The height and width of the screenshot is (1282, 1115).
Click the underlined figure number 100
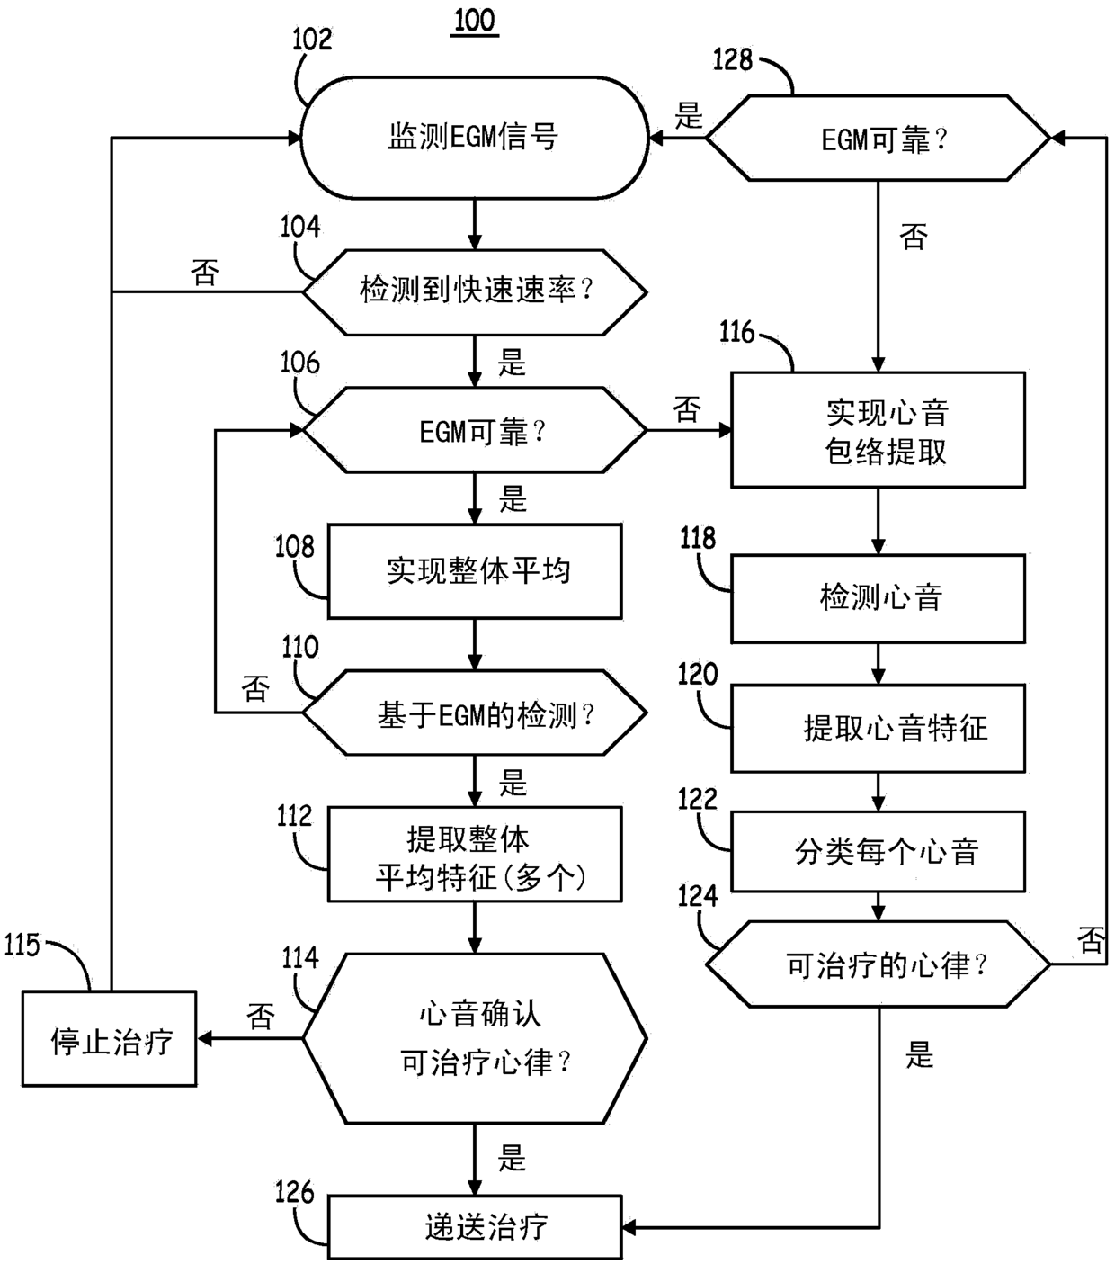(475, 21)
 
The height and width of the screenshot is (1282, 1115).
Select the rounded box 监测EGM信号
(475, 138)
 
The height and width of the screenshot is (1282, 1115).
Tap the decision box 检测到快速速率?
(475, 292)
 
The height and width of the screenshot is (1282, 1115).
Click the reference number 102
(312, 39)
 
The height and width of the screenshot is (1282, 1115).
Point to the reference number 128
(733, 59)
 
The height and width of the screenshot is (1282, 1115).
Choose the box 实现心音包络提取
(878, 430)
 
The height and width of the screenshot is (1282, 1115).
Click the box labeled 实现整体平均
(475, 570)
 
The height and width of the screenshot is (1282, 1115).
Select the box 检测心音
(878, 598)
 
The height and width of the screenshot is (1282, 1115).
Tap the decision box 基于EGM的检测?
(475, 713)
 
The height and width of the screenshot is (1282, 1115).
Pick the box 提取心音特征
(878, 728)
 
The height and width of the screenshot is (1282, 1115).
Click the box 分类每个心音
(878, 852)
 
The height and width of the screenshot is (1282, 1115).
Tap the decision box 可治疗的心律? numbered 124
(878, 964)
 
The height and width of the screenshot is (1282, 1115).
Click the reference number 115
(22, 945)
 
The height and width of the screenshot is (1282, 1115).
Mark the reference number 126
(294, 1192)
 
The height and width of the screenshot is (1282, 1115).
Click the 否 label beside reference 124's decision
(1091, 940)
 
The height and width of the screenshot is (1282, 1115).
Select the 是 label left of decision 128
(689, 115)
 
